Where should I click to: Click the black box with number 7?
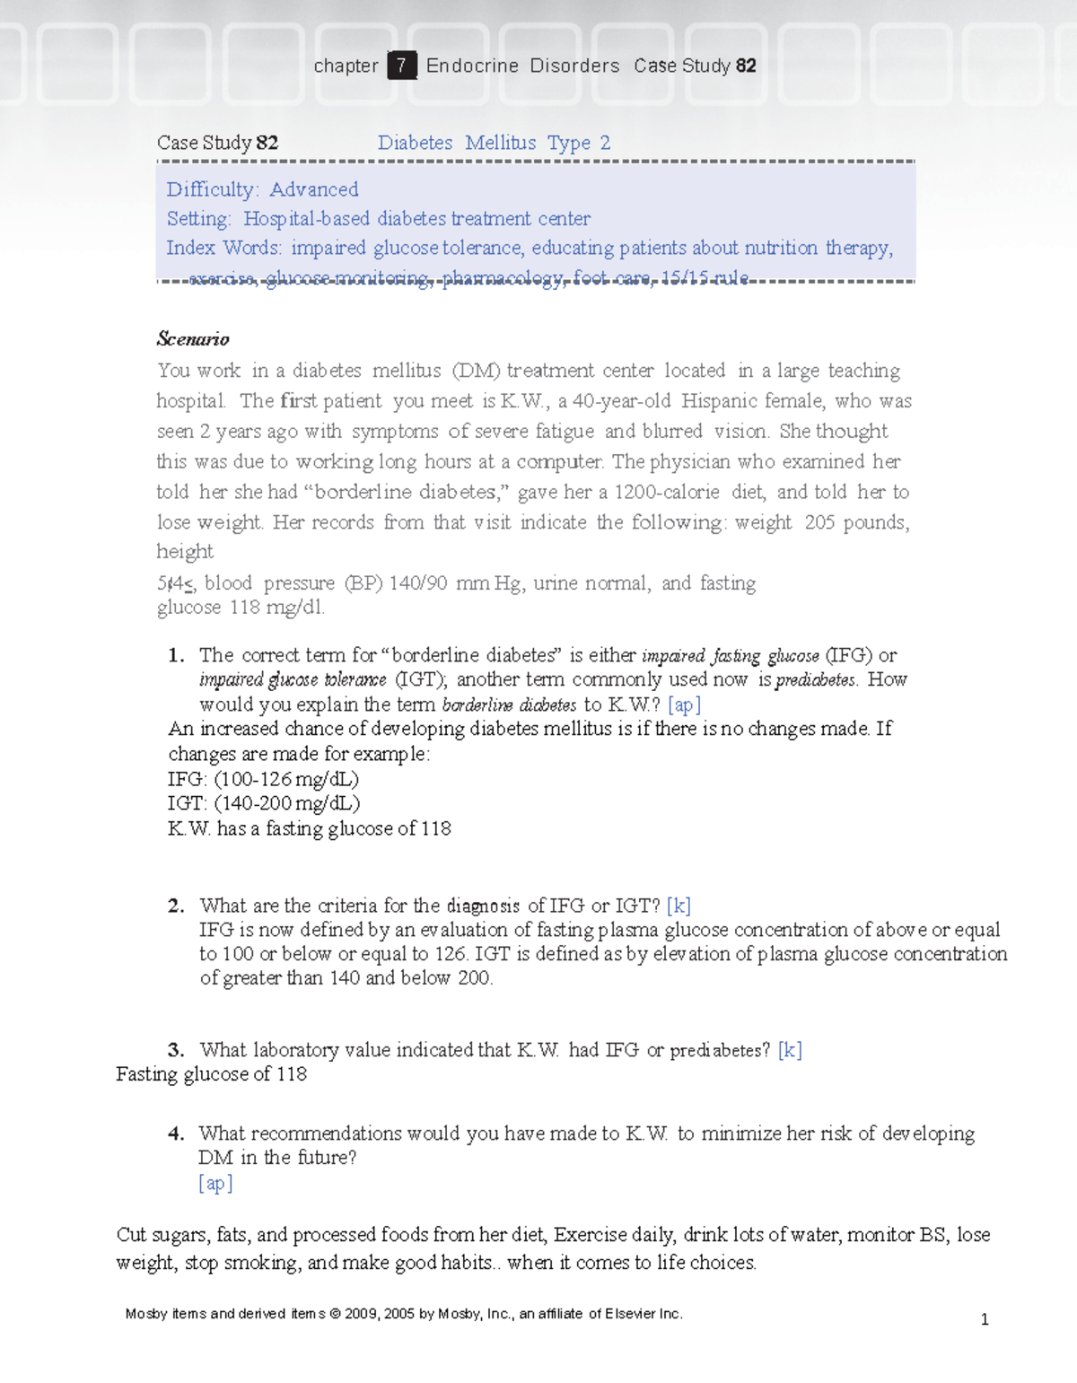401,66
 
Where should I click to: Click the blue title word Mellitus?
500,143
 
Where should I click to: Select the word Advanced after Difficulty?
313,189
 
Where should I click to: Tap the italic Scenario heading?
193,339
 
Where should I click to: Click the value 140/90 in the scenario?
418,583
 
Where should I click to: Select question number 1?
176,655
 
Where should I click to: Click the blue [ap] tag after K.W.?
684,705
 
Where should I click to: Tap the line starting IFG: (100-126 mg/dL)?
263,779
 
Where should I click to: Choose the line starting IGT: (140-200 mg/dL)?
264,803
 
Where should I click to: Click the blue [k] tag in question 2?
679,906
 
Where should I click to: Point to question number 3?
176,1050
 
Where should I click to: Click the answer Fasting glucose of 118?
211,1074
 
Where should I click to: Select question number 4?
176,1134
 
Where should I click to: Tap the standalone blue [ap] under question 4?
215,1183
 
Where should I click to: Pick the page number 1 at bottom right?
985,1319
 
